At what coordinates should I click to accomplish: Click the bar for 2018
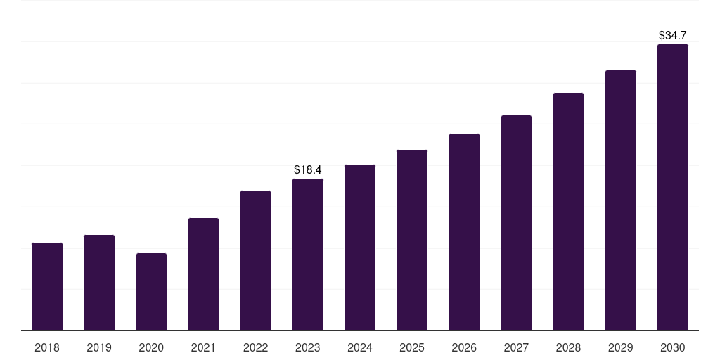pos(47,286)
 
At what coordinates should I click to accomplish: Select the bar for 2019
pos(99,283)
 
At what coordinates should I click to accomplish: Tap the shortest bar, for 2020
pos(151,292)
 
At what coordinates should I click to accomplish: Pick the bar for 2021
pos(203,274)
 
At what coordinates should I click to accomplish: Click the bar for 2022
pos(255,260)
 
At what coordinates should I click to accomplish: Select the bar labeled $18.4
pos(308,255)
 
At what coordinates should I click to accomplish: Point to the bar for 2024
pos(360,247)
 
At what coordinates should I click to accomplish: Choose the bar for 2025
pos(412,240)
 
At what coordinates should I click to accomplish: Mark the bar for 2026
pos(464,232)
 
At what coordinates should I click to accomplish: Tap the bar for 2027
pos(516,223)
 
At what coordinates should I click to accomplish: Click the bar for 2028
pos(568,212)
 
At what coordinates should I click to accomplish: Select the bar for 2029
pos(621,200)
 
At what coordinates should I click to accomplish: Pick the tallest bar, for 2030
pos(673,187)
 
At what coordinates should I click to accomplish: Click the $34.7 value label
pos(673,34)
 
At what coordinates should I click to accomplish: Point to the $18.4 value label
pos(308,169)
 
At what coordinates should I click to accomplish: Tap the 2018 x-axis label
pos(47,347)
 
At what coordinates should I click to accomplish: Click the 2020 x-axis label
pos(151,347)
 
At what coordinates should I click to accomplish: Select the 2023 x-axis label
pos(308,347)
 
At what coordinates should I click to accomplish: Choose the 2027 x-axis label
pos(516,347)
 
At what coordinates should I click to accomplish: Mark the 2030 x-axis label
pos(673,347)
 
